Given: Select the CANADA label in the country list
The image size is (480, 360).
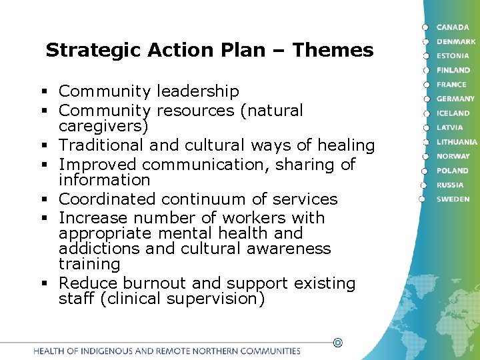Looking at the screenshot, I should pos(453,27).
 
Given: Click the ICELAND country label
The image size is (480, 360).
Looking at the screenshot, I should pos(453,113).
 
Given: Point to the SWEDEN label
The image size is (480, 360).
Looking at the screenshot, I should pos(453,199).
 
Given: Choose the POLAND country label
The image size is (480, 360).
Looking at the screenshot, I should pos(452,171).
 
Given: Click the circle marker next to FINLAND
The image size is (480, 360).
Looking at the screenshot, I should pos(424,70).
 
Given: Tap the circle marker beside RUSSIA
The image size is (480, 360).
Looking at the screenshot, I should pos(423,185).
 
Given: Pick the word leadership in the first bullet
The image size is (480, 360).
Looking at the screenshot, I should pos(198,91).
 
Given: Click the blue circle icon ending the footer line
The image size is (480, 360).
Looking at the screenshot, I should pos(337,343).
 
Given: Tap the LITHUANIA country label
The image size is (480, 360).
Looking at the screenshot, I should pos(457,142).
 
